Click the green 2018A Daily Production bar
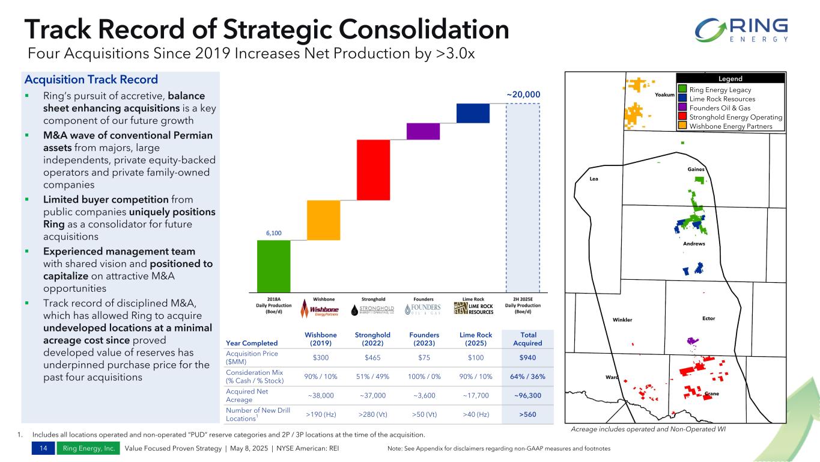click(x=273, y=266)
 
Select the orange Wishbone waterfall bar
click(x=323, y=220)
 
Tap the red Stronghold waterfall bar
click(x=373, y=170)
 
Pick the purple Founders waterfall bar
click(x=423, y=131)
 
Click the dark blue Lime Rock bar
click(x=473, y=113)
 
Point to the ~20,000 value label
click(x=523, y=94)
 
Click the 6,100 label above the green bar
click(x=273, y=233)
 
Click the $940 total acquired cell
click(x=528, y=358)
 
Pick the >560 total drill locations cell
click(x=528, y=414)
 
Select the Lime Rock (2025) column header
click(x=473, y=339)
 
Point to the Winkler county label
click(x=622, y=319)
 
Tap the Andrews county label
click(x=694, y=244)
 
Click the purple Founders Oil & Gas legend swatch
click(x=682, y=108)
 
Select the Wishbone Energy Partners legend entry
click(x=730, y=126)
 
